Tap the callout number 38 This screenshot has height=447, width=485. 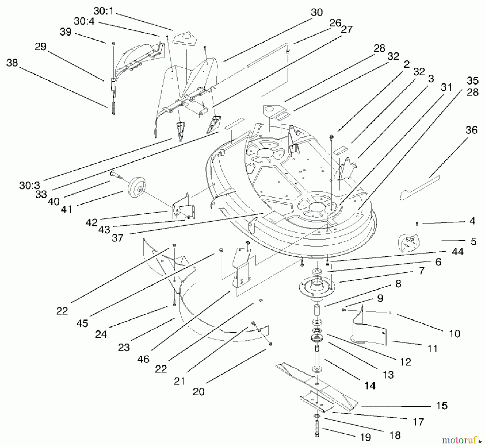(x=12, y=63)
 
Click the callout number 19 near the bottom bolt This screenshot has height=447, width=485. (x=366, y=438)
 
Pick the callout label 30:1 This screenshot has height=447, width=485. (x=104, y=11)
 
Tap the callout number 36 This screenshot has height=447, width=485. (x=472, y=130)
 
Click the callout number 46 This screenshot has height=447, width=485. (x=143, y=359)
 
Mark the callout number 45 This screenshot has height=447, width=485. (x=82, y=323)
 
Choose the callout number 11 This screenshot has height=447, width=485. (x=432, y=349)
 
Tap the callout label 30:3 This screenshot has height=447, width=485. (x=29, y=185)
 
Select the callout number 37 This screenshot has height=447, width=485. (x=117, y=238)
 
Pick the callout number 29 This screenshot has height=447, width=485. (x=40, y=47)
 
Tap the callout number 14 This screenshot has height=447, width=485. (x=370, y=386)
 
